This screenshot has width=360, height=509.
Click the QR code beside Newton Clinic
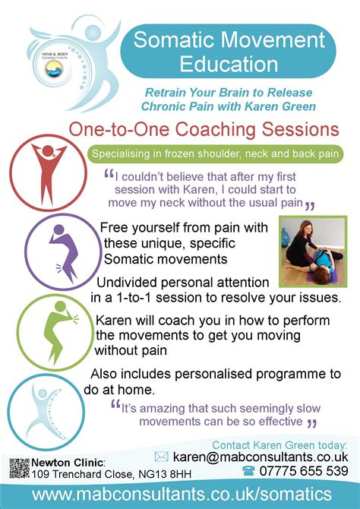point(19,468)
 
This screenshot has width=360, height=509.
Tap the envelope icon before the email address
point(161,457)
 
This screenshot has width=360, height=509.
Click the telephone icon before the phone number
point(248,471)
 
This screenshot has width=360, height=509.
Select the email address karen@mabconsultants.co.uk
point(261,457)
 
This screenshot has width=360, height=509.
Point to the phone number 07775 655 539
point(304,471)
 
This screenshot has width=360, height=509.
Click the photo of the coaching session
point(313,251)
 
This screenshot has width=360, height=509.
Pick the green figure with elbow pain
point(61,332)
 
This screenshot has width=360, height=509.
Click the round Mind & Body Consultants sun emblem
point(54,69)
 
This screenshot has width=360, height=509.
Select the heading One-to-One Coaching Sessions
point(204,129)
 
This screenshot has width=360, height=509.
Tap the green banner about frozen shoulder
point(215,153)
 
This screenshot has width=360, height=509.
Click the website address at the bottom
point(182,495)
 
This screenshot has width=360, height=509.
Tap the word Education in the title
point(229,63)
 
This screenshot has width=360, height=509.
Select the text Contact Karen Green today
point(279,444)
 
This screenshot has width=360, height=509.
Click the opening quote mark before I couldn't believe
point(109,175)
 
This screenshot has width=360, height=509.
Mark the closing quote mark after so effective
point(311,424)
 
